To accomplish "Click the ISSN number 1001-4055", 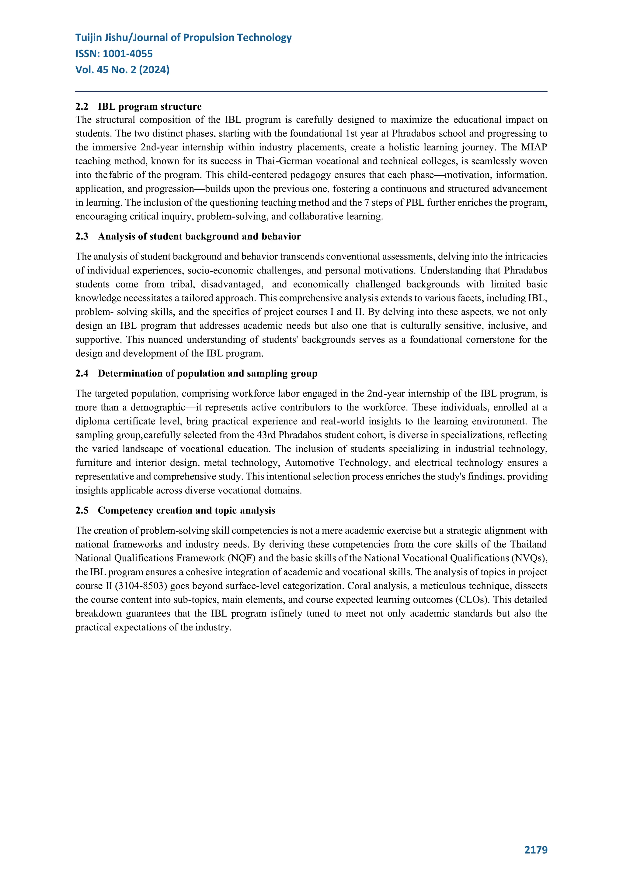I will click(128, 54).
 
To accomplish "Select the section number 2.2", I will click(82, 107).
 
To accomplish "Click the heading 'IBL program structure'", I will click(150, 107).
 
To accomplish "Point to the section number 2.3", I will click(82, 236).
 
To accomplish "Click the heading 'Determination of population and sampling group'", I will click(207, 374).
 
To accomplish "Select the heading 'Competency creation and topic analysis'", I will click(186, 510).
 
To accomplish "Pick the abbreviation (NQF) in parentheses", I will click(241, 559).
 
